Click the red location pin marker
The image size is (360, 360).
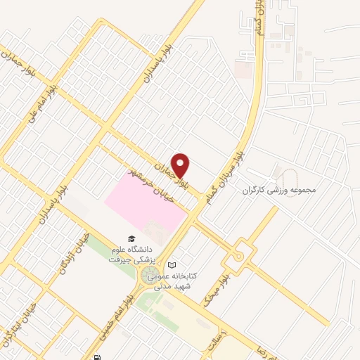click(181, 165)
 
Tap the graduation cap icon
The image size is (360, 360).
click(129, 240)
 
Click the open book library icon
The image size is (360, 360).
click(172, 264)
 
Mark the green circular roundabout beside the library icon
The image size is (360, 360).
click(150, 277)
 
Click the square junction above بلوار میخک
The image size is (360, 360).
click(240, 250)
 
